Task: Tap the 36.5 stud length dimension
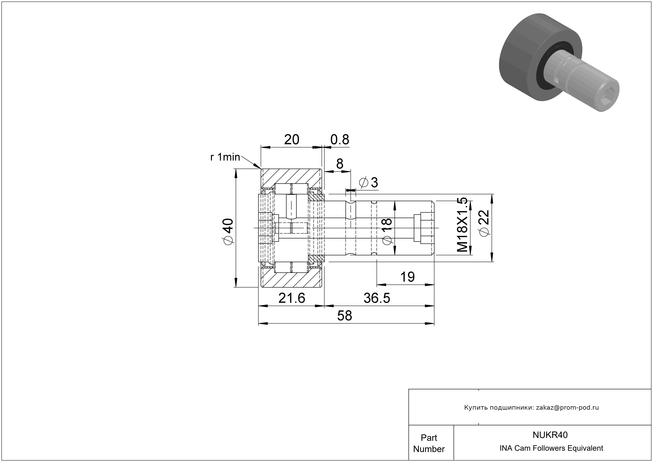(x=377, y=298)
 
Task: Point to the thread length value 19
(x=407, y=277)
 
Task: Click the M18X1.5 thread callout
(x=462, y=225)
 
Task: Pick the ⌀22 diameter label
(x=485, y=223)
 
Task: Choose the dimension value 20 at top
(x=292, y=139)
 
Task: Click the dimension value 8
(x=340, y=164)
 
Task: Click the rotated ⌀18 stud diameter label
(x=387, y=232)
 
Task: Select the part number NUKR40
(x=550, y=435)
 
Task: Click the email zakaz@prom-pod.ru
(x=567, y=408)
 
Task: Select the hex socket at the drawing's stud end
(x=424, y=228)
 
